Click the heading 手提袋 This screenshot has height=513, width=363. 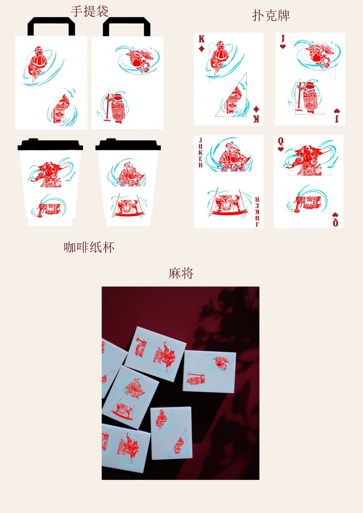click(x=90, y=12)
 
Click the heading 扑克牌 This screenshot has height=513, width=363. click(x=271, y=15)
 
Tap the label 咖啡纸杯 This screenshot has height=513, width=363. click(x=89, y=247)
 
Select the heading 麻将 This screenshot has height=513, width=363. click(x=181, y=273)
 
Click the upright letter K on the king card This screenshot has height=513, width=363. click(x=202, y=39)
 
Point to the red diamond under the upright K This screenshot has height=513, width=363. click(x=202, y=48)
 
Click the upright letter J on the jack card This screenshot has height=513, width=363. click(x=283, y=38)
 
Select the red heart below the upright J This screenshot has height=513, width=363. click(x=283, y=46)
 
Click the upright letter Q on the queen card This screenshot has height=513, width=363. click(x=281, y=141)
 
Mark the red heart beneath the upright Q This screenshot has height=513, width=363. click(x=281, y=149)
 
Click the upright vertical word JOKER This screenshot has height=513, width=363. click(x=200, y=153)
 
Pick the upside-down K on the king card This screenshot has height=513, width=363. click(x=256, y=119)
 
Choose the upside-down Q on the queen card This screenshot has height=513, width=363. click(x=335, y=223)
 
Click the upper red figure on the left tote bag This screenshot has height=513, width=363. click(x=38, y=64)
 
